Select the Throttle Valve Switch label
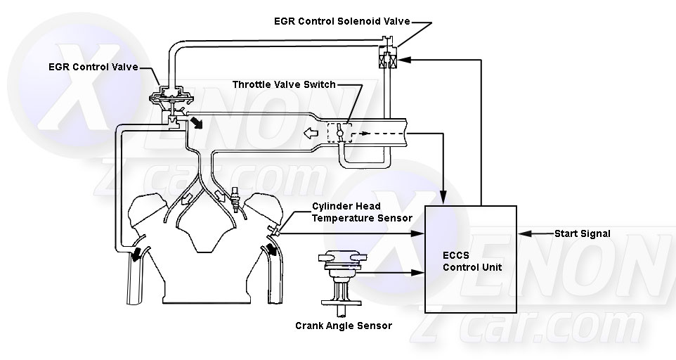point(284,85)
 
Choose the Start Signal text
point(583,233)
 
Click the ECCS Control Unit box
point(471,258)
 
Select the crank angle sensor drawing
point(339,277)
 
